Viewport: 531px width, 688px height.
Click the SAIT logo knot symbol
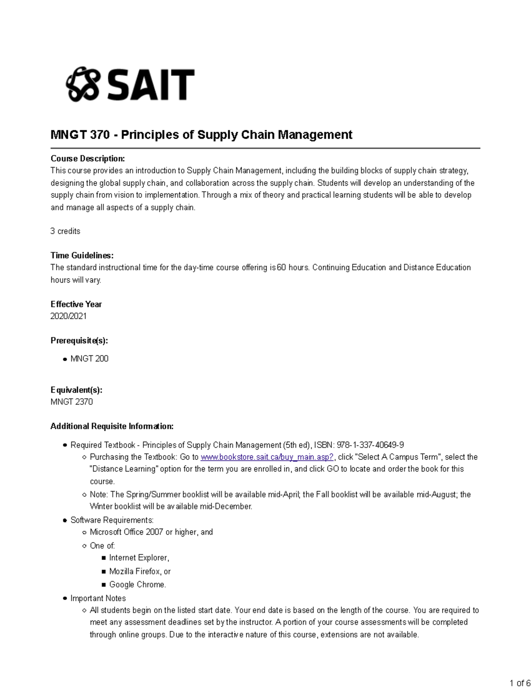pyautogui.click(x=82, y=84)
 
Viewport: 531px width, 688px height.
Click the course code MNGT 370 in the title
pyautogui.click(x=80, y=135)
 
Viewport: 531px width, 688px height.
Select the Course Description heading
pyautogui.click(x=88, y=159)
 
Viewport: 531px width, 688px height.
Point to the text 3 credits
pyautogui.click(x=65, y=231)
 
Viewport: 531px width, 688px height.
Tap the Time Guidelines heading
pyautogui.click(x=82, y=255)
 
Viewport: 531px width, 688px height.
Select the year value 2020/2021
pyautogui.click(x=69, y=316)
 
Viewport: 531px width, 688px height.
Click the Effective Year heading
pyautogui.click(x=76, y=304)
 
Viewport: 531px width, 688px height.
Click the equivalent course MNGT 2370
pyautogui.click(x=72, y=402)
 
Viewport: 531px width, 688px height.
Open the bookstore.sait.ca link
pyautogui.click(x=267, y=457)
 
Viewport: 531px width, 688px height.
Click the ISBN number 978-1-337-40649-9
pyautogui.click(x=370, y=445)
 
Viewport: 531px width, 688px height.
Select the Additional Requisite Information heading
pyautogui.click(x=112, y=426)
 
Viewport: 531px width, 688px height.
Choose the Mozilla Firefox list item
pyautogui.click(x=140, y=571)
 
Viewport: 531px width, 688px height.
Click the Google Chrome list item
pyautogui.click(x=138, y=585)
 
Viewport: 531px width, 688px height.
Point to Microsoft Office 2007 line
pyautogui.click(x=151, y=532)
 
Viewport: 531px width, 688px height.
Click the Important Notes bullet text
pyautogui.click(x=98, y=599)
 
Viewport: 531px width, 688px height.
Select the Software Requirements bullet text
pyautogui.click(x=112, y=520)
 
